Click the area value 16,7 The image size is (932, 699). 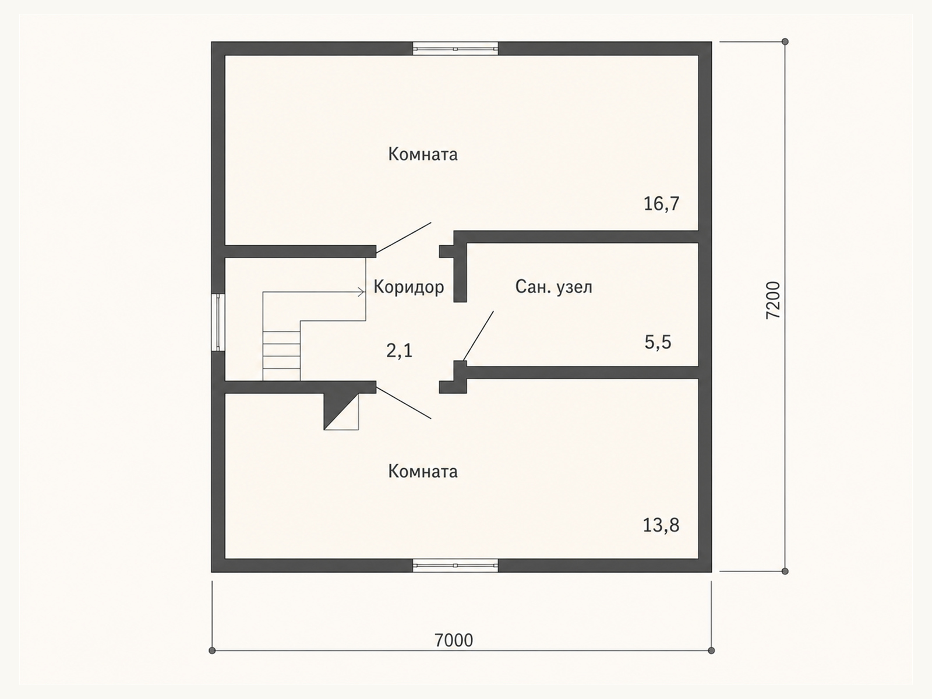click(x=662, y=204)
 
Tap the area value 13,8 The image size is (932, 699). click(x=661, y=525)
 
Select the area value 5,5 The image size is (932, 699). click(x=658, y=342)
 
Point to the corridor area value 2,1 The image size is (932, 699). click(x=399, y=351)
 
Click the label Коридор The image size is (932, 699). click(x=409, y=287)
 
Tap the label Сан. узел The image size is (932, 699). click(x=554, y=287)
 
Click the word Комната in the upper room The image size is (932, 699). click(x=423, y=154)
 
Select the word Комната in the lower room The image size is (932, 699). click(x=423, y=471)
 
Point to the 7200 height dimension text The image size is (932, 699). click(x=773, y=300)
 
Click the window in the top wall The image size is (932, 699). click(x=456, y=49)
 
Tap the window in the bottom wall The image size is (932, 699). click(x=456, y=565)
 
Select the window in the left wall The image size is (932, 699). click(x=218, y=323)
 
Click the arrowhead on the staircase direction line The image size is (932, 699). click(x=361, y=292)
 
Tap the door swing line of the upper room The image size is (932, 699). click(x=403, y=238)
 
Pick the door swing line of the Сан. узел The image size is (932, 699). click(x=479, y=336)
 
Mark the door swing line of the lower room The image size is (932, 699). click(x=403, y=403)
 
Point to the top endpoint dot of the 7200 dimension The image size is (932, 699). click(x=785, y=41)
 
